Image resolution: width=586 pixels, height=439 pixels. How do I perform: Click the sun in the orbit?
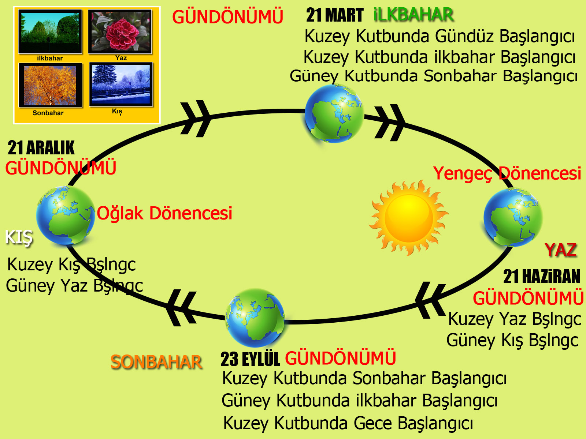pos(408,218)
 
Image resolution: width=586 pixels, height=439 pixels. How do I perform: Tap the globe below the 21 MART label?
pos(334,114)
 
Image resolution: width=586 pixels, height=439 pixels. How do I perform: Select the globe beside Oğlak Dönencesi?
pos(66,215)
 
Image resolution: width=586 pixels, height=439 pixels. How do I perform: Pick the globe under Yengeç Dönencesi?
pos(513,217)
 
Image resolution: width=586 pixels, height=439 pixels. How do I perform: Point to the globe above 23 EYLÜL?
pos(255,318)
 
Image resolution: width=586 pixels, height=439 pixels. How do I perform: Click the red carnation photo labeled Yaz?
pos(120,31)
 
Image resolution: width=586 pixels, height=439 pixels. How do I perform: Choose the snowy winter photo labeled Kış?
pos(121,84)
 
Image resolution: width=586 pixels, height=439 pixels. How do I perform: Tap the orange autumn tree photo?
pos(50,85)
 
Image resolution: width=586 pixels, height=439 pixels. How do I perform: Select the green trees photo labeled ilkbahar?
pos(50,31)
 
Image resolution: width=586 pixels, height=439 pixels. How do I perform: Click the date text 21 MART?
pos(335,15)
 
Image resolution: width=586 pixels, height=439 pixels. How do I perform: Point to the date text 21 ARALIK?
pos(41,148)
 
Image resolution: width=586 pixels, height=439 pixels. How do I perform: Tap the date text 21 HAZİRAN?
pos(542,277)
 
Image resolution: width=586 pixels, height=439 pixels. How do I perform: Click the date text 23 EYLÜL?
pos(250,359)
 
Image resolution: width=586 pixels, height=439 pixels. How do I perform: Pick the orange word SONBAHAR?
pos(156,362)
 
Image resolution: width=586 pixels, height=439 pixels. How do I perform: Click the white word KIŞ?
pos(19,237)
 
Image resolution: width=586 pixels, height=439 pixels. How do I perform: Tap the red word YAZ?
pos(561,250)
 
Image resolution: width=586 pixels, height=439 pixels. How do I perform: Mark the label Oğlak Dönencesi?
pos(164,213)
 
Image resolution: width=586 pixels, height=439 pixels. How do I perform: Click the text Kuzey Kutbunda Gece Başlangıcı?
pos(348,423)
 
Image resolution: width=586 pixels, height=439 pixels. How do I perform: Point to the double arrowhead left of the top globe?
pos(196,119)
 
